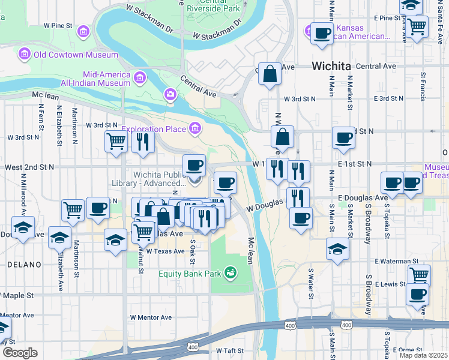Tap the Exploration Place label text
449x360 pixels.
pyautogui.click(x=154, y=128)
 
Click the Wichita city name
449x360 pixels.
pyautogui.click(x=331, y=66)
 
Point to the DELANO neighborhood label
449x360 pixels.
pyautogui.click(x=23, y=265)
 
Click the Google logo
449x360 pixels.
pyautogui.click(x=20, y=352)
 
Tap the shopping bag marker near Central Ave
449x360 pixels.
pyautogui.click(x=270, y=74)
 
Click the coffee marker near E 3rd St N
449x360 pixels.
pyautogui.click(x=344, y=137)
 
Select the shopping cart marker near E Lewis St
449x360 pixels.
pyautogui.click(x=419, y=275)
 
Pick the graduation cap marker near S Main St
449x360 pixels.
pyautogui.click(x=338, y=249)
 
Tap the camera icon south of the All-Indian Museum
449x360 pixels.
pyautogui.click(x=170, y=94)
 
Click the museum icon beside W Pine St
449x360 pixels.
pyautogui.click(x=83, y=31)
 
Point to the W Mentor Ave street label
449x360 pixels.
pyautogui.click(x=151, y=317)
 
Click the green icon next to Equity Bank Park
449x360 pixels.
pyautogui.click(x=230, y=274)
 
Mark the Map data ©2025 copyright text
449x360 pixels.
pyautogui.click(x=424, y=355)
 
